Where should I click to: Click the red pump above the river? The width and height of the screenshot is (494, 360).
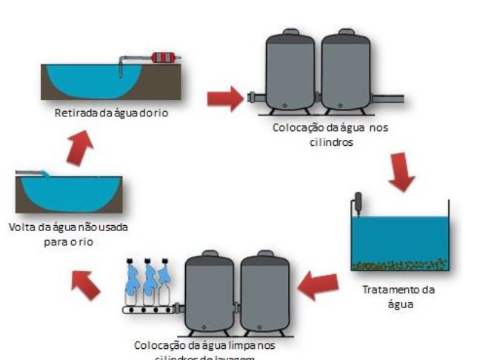tap(166, 57)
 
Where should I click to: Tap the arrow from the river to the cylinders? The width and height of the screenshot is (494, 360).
tap(225, 97)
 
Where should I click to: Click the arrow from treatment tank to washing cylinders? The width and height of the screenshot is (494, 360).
tap(318, 285)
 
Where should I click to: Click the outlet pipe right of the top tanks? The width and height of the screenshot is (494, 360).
tap(388, 98)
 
